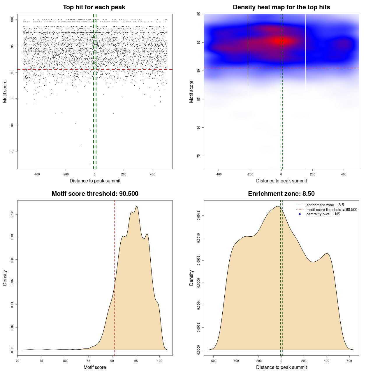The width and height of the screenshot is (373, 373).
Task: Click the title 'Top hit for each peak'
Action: pos(94,7)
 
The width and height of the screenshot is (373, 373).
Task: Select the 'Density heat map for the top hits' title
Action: pos(281,7)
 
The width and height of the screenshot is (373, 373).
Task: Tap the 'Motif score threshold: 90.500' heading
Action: pos(95,194)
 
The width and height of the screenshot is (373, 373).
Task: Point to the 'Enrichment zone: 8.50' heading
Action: pos(281,194)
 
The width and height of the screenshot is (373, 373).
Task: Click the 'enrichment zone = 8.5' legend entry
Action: pos(325,205)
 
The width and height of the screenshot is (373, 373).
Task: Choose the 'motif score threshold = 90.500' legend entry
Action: pos(332,210)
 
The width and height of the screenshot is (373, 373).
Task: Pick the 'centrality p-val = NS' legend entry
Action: pos(323,214)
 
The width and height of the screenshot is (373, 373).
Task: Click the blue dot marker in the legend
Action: pos(300,214)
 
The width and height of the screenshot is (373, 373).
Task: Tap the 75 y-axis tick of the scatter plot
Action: pos(12,151)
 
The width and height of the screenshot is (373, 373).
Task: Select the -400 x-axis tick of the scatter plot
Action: pos(37,175)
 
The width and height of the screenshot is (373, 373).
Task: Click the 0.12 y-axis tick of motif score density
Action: pos(12,215)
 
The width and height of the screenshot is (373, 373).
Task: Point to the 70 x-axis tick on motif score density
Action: pos(17,361)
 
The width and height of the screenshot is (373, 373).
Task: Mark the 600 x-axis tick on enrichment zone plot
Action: pos(349,361)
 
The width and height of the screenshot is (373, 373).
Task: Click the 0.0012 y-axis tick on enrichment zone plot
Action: pos(198,216)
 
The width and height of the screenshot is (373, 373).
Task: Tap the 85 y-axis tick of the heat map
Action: pos(198,99)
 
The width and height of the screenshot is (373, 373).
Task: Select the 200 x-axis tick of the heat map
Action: pos(313,175)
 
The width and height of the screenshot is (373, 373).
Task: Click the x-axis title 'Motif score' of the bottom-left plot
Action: pos(95,367)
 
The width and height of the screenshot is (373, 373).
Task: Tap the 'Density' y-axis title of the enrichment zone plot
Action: pos(191,278)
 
